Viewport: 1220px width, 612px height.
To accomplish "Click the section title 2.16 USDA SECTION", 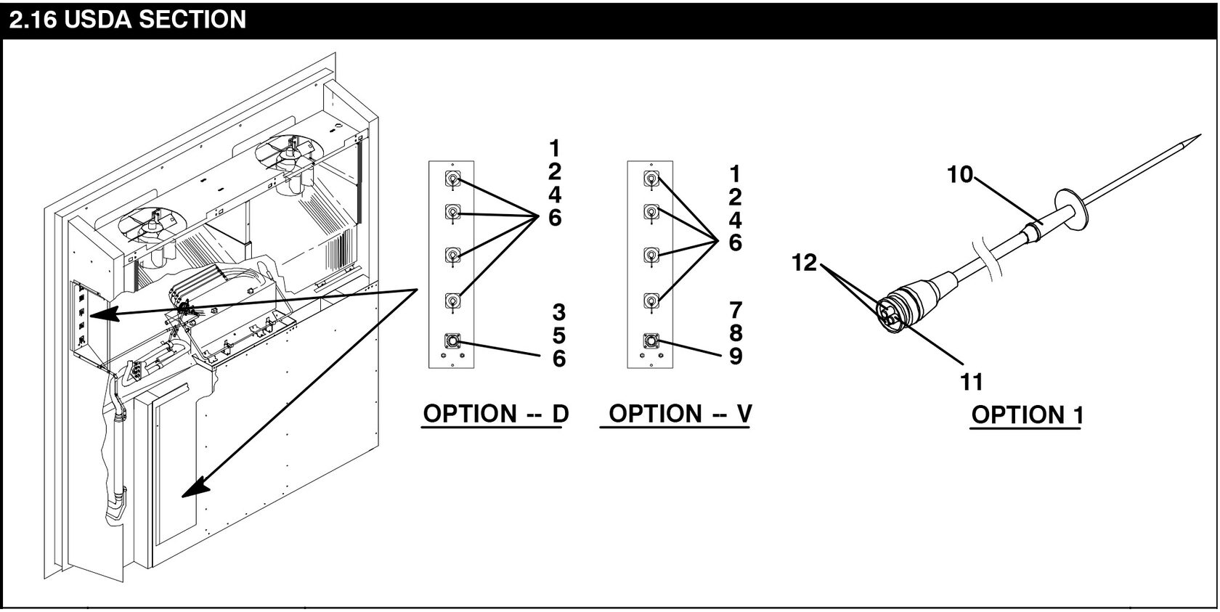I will pyautogui.click(x=128, y=20).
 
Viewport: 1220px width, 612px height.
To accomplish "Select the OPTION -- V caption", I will pyautogui.click(x=680, y=414).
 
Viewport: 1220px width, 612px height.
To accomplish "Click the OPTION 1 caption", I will pyautogui.click(x=1027, y=415).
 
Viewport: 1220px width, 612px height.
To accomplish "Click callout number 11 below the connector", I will pyautogui.click(x=971, y=381).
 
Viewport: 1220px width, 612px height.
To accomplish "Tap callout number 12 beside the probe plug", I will pyautogui.click(x=805, y=263).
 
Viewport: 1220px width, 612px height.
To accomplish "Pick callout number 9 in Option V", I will pyautogui.click(x=736, y=357).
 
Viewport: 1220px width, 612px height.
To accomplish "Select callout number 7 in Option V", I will pyautogui.click(x=736, y=311).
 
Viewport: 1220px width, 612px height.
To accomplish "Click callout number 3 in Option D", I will pyautogui.click(x=558, y=313).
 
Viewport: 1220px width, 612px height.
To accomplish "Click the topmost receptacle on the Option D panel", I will pyautogui.click(x=452, y=180).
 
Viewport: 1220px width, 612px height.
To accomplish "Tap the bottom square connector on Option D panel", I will pyautogui.click(x=452, y=341).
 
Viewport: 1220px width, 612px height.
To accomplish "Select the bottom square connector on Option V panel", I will pyautogui.click(x=651, y=340).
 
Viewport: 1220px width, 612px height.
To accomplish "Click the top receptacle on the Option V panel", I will pyautogui.click(x=651, y=179).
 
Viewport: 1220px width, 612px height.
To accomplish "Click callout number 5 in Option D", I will pyautogui.click(x=558, y=336).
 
